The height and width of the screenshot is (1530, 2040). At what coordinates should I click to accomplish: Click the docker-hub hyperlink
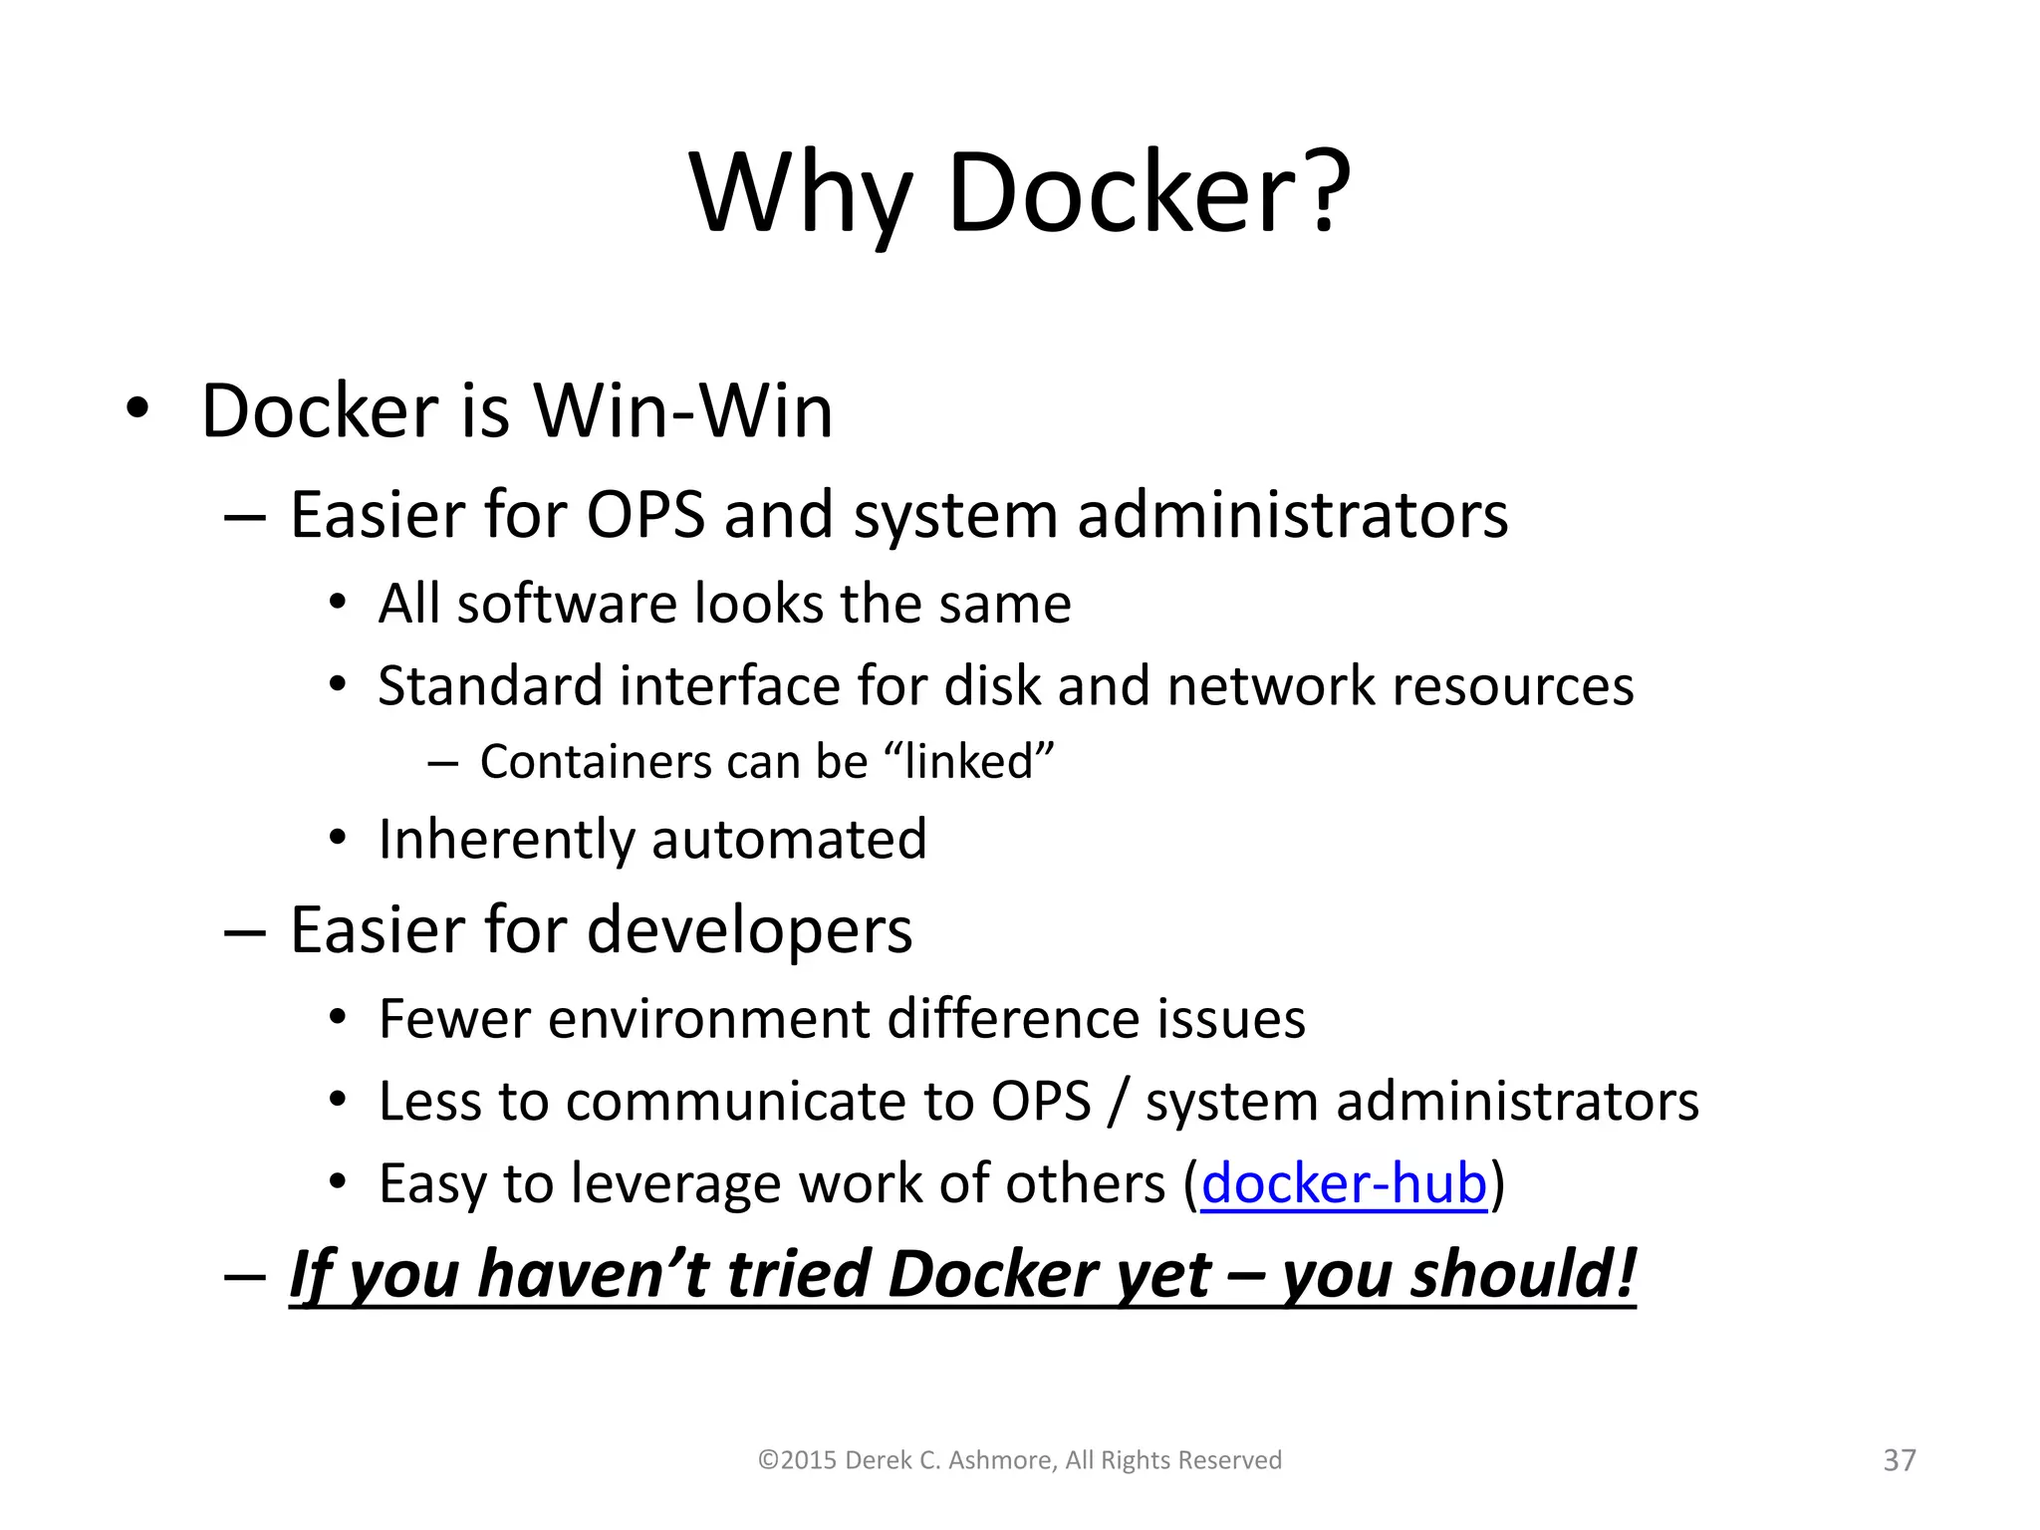[x=1344, y=1184]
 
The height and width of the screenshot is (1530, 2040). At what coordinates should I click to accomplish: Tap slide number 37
[x=1900, y=1460]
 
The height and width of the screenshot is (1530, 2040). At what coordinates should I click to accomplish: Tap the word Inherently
[x=506, y=839]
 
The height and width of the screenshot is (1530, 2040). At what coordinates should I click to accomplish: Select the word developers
[x=749, y=930]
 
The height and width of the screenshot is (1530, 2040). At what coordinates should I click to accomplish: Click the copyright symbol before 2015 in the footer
[x=767, y=1461]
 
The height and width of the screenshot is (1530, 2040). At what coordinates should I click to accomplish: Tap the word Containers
[x=595, y=762]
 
